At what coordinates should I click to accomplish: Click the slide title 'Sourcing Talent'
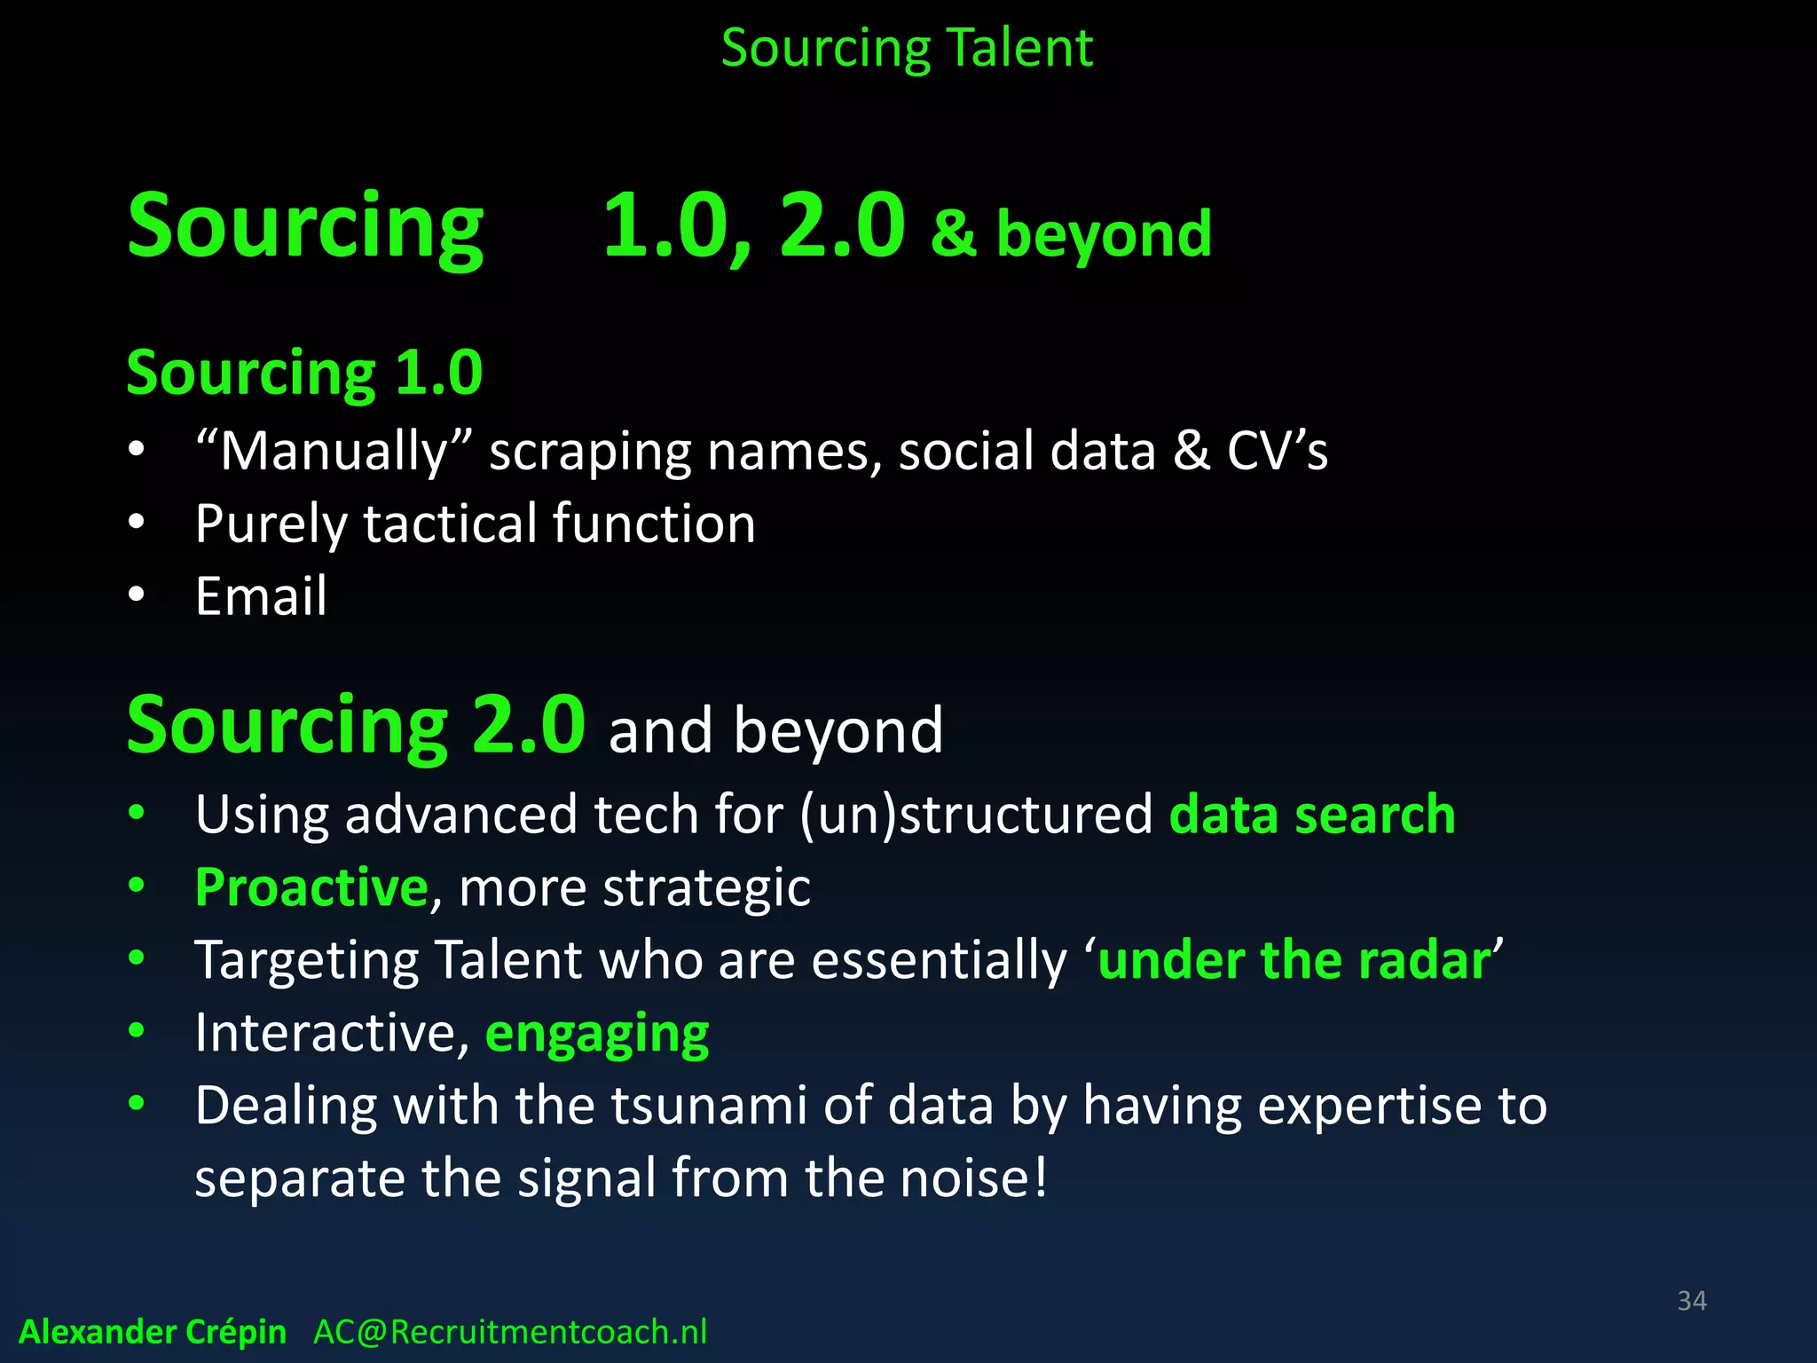click(x=907, y=48)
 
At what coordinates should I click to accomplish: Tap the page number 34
click(x=1691, y=1301)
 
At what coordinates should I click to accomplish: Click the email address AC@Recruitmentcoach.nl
click(x=510, y=1332)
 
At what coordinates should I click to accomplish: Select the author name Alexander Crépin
click(x=153, y=1332)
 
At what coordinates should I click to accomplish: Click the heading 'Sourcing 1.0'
click(x=304, y=373)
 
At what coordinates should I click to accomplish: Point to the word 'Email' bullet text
click(x=261, y=595)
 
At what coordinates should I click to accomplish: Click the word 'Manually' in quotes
click(x=334, y=451)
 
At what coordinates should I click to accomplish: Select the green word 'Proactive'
click(x=311, y=886)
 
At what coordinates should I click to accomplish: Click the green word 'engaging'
click(x=597, y=1034)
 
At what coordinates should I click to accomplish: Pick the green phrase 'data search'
click(x=1312, y=815)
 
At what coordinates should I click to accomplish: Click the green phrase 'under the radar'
click(x=1294, y=960)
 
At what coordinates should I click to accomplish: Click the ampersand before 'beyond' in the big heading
click(x=954, y=232)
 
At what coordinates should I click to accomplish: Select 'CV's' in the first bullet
click(x=1277, y=451)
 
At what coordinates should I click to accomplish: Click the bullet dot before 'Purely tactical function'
click(x=136, y=523)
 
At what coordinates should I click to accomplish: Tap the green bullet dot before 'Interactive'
click(x=136, y=1031)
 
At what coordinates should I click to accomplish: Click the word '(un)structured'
click(x=975, y=815)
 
